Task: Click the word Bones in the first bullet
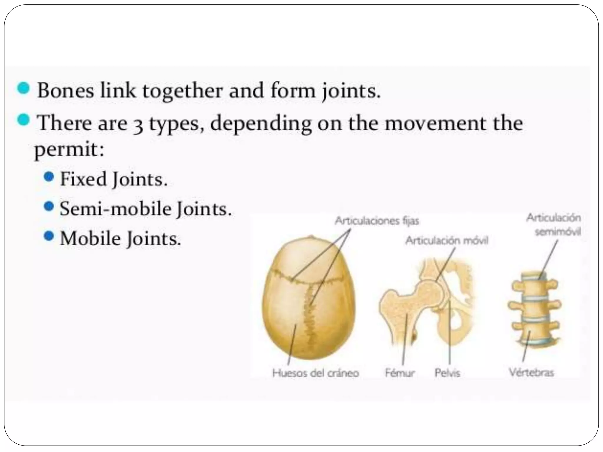65,91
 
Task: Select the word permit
69,150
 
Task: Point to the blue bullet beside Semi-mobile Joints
49,206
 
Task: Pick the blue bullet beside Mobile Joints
49,236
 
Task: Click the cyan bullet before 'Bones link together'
24,88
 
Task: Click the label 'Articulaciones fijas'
377,221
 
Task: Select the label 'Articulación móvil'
447,241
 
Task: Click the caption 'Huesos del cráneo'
316,373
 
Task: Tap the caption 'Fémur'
400,373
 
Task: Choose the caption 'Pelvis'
447,373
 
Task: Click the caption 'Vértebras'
532,373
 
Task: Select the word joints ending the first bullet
350,91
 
